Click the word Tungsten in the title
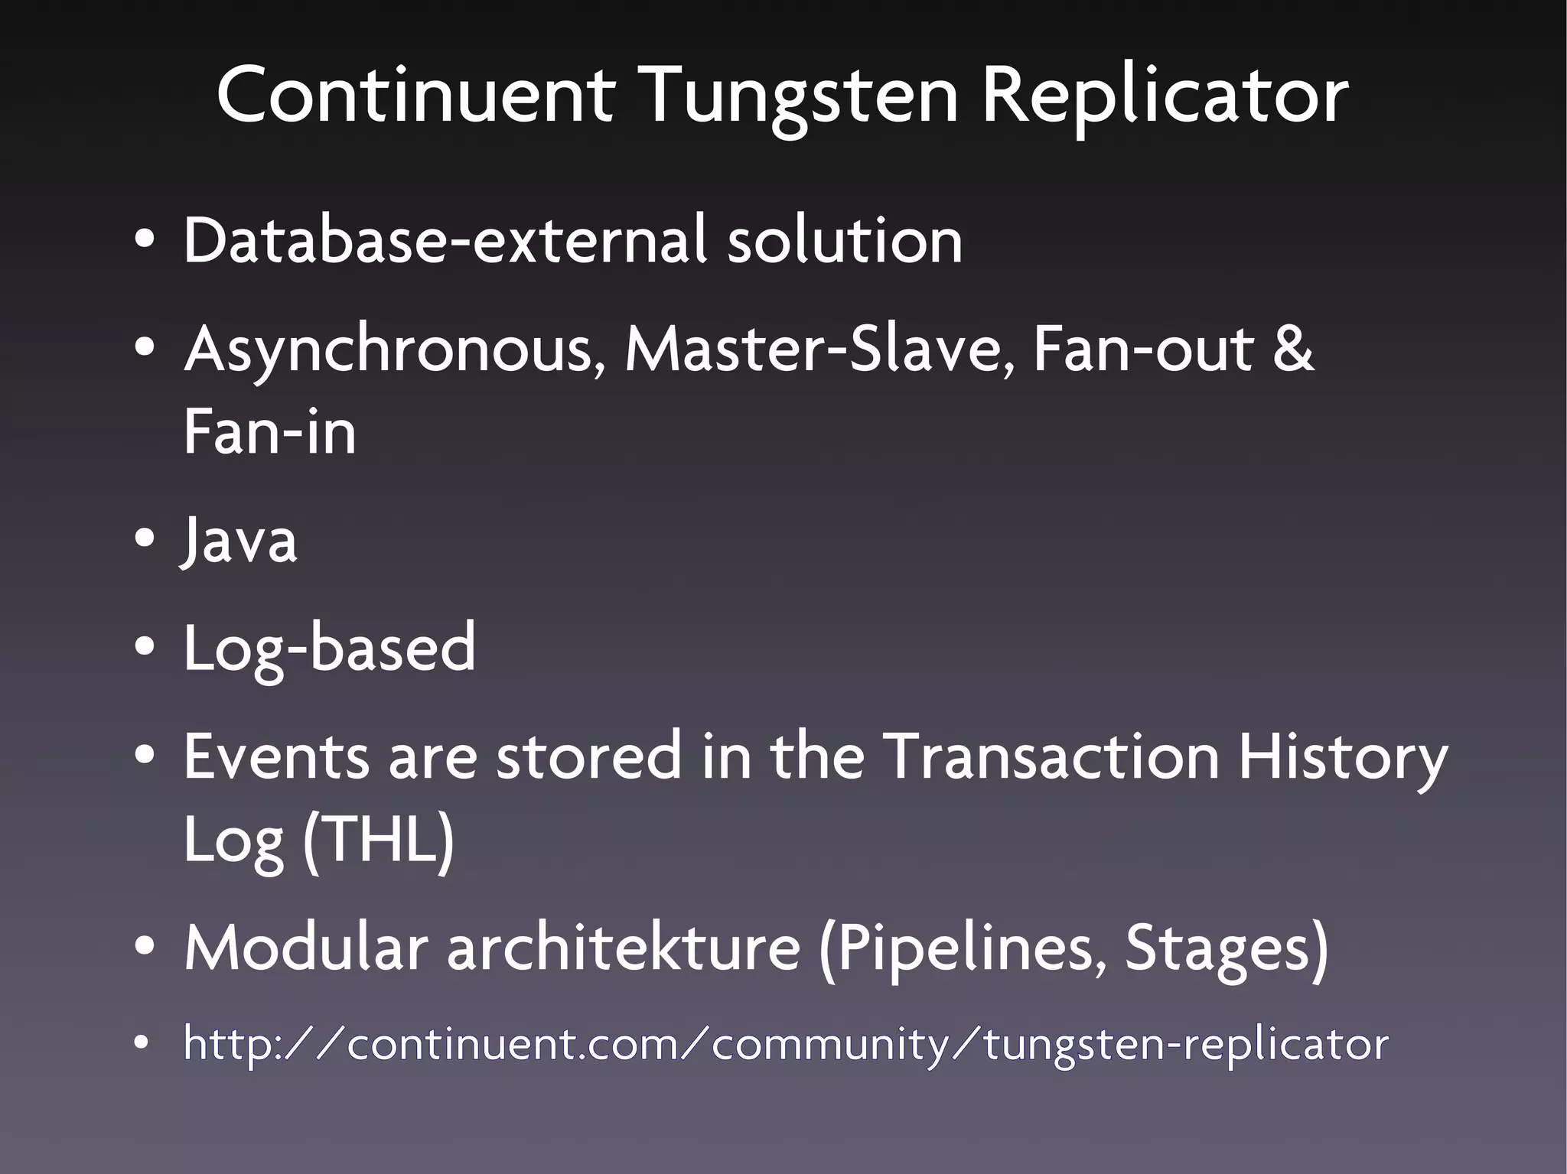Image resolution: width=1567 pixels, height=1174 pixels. pyautogui.click(x=801, y=96)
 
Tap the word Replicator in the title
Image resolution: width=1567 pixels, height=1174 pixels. pyautogui.click(x=1165, y=96)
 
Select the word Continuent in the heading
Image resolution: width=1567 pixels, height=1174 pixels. pyautogui.click(x=415, y=96)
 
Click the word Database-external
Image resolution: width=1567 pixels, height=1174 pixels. pyautogui.click(x=444, y=240)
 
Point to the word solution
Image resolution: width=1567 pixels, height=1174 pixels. pyautogui.click(x=844, y=240)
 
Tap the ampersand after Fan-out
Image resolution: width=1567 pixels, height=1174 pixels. pyautogui.click(x=1292, y=349)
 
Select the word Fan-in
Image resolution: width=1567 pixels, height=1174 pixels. pyautogui.click(x=270, y=431)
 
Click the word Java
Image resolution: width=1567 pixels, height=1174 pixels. pyautogui.click(x=239, y=540)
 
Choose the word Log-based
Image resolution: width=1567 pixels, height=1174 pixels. pyautogui.click(x=329, y=649)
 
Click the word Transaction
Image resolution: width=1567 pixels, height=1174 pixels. pyautogui.click(x=1051, y=756)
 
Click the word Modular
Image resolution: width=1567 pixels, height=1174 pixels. pyautogui.click(x=305, y=948)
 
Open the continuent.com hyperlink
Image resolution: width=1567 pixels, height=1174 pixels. pyautogui.click(x=786, y=1044)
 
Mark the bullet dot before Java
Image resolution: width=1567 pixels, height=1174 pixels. pyautogui.click(x=143, y=538)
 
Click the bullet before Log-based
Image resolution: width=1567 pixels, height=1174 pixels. pyautogui.click(x=143, y=648)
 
